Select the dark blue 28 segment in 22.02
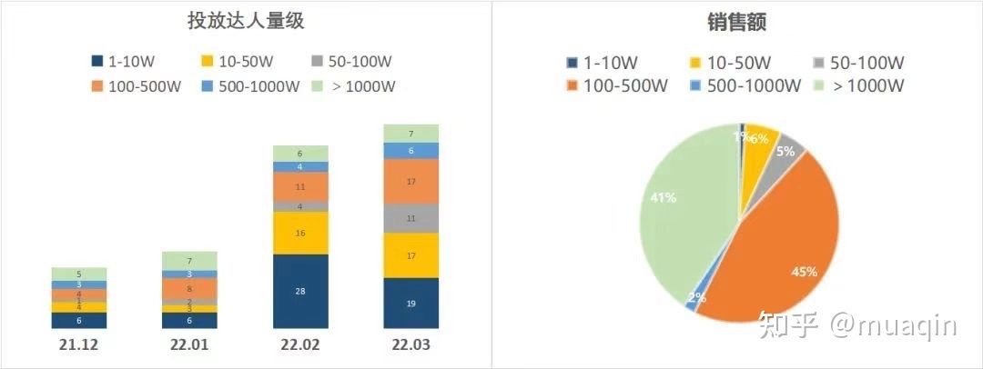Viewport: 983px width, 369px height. click(x=300, y=291)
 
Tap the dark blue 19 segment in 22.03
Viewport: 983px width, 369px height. click(x=410, y=303)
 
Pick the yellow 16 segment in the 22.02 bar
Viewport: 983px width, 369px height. click(x=300, y=233)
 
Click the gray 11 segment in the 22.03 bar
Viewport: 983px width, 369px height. click(x=410, y=218)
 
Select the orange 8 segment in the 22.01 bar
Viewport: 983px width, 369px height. click(x=188, y=288)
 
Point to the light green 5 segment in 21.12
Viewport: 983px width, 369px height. click(x=78, y=274)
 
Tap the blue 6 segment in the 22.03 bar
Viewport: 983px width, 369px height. click(x=410, y=151)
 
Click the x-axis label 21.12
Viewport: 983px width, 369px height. click(x=78, y=345)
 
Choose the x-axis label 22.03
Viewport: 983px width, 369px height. click(x=410, y=345)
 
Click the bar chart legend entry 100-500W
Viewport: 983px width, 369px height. click(x=136, y=87)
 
